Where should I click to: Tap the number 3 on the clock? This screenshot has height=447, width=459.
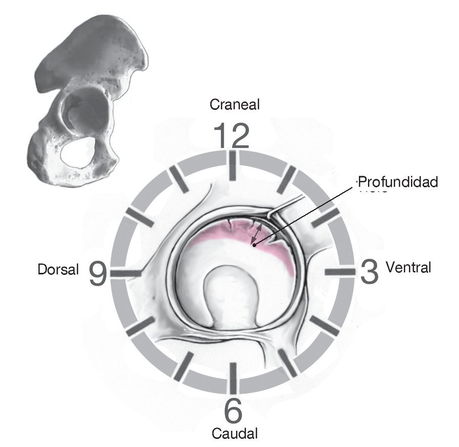click(370, 272)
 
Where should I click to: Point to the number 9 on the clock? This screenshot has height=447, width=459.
click(99, 273)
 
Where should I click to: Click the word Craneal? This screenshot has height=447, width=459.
click(235, 105)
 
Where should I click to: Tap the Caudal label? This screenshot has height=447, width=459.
click(235, 434)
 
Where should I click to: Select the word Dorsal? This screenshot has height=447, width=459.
click(58, 270)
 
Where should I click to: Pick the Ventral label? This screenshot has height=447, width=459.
click(408, 267)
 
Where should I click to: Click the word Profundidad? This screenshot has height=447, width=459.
click(397, 182)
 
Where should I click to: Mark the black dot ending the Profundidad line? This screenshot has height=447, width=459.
click(254, 245)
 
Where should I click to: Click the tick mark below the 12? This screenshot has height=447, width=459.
click(233, 166)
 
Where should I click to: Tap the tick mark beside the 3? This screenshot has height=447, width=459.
click(340, 272)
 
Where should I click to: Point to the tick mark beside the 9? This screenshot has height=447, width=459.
click(126, 273)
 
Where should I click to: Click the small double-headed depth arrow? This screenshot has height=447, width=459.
click(258, 233)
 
